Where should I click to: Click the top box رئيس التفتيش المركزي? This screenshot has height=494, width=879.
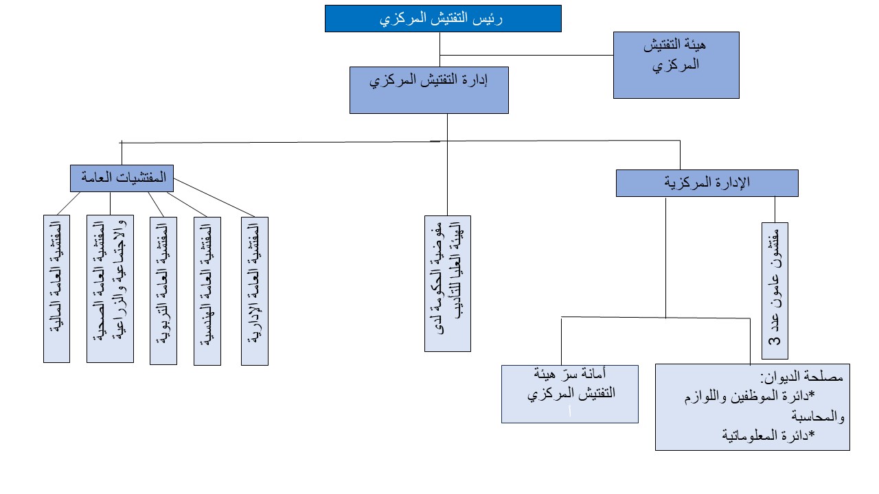(443, 19)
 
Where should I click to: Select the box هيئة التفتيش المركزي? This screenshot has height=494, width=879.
(676, 64)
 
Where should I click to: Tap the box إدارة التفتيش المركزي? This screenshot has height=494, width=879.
(429, 89)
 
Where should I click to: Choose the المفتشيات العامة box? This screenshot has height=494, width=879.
(122, 178)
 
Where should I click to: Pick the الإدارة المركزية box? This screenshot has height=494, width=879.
(707, 183)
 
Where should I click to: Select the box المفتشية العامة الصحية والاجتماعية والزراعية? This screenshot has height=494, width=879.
(109, 289)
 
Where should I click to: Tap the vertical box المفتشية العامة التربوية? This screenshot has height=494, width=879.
(163, 290)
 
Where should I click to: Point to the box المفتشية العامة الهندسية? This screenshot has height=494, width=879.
(207, 290)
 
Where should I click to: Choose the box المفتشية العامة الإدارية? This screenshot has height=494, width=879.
(254, 290)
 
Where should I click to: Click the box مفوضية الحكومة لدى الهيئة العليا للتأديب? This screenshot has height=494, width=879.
(447, 284)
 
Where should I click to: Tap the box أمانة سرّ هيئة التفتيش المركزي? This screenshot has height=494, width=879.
(569, 394)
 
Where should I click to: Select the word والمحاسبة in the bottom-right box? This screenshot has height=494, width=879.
(818, 416)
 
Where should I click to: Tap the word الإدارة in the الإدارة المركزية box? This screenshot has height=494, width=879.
(731, 183)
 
